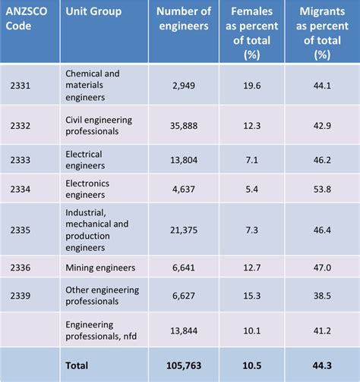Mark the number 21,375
pyautogui.click(x=185, y=228)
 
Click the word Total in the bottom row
pyautogui.click(x=79, y=365)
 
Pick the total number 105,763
pyautogui.click(x=183, y=365)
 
